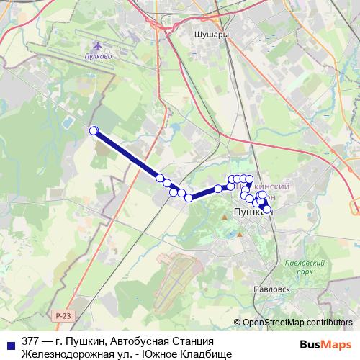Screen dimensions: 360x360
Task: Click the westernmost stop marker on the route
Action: (93, 130)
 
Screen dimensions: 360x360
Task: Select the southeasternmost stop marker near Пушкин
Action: (268, 210)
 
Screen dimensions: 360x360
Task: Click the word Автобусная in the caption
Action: (130, 341)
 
